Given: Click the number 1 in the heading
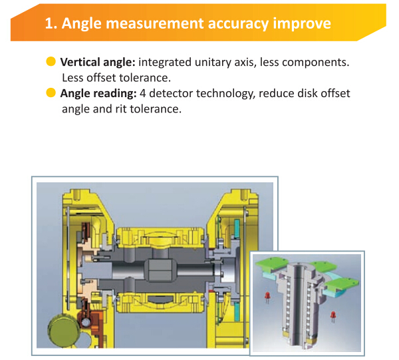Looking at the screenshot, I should pyautogui.click(x=49, y=24).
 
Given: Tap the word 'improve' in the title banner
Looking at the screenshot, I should pyautogui.click(x=303, y=24).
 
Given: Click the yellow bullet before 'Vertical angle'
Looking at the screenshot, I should pyautogui.click(x=51, y=61).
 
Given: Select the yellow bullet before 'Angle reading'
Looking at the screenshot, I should pyautogui.click(x=51, y=93).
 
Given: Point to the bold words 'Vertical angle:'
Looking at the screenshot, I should pyautogui.click(x=98, y=61).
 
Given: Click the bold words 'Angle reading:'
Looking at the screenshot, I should pyautogui.click(x=96, y=93).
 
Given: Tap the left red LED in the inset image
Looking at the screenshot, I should pyautogui.click(x=267, y=295).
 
